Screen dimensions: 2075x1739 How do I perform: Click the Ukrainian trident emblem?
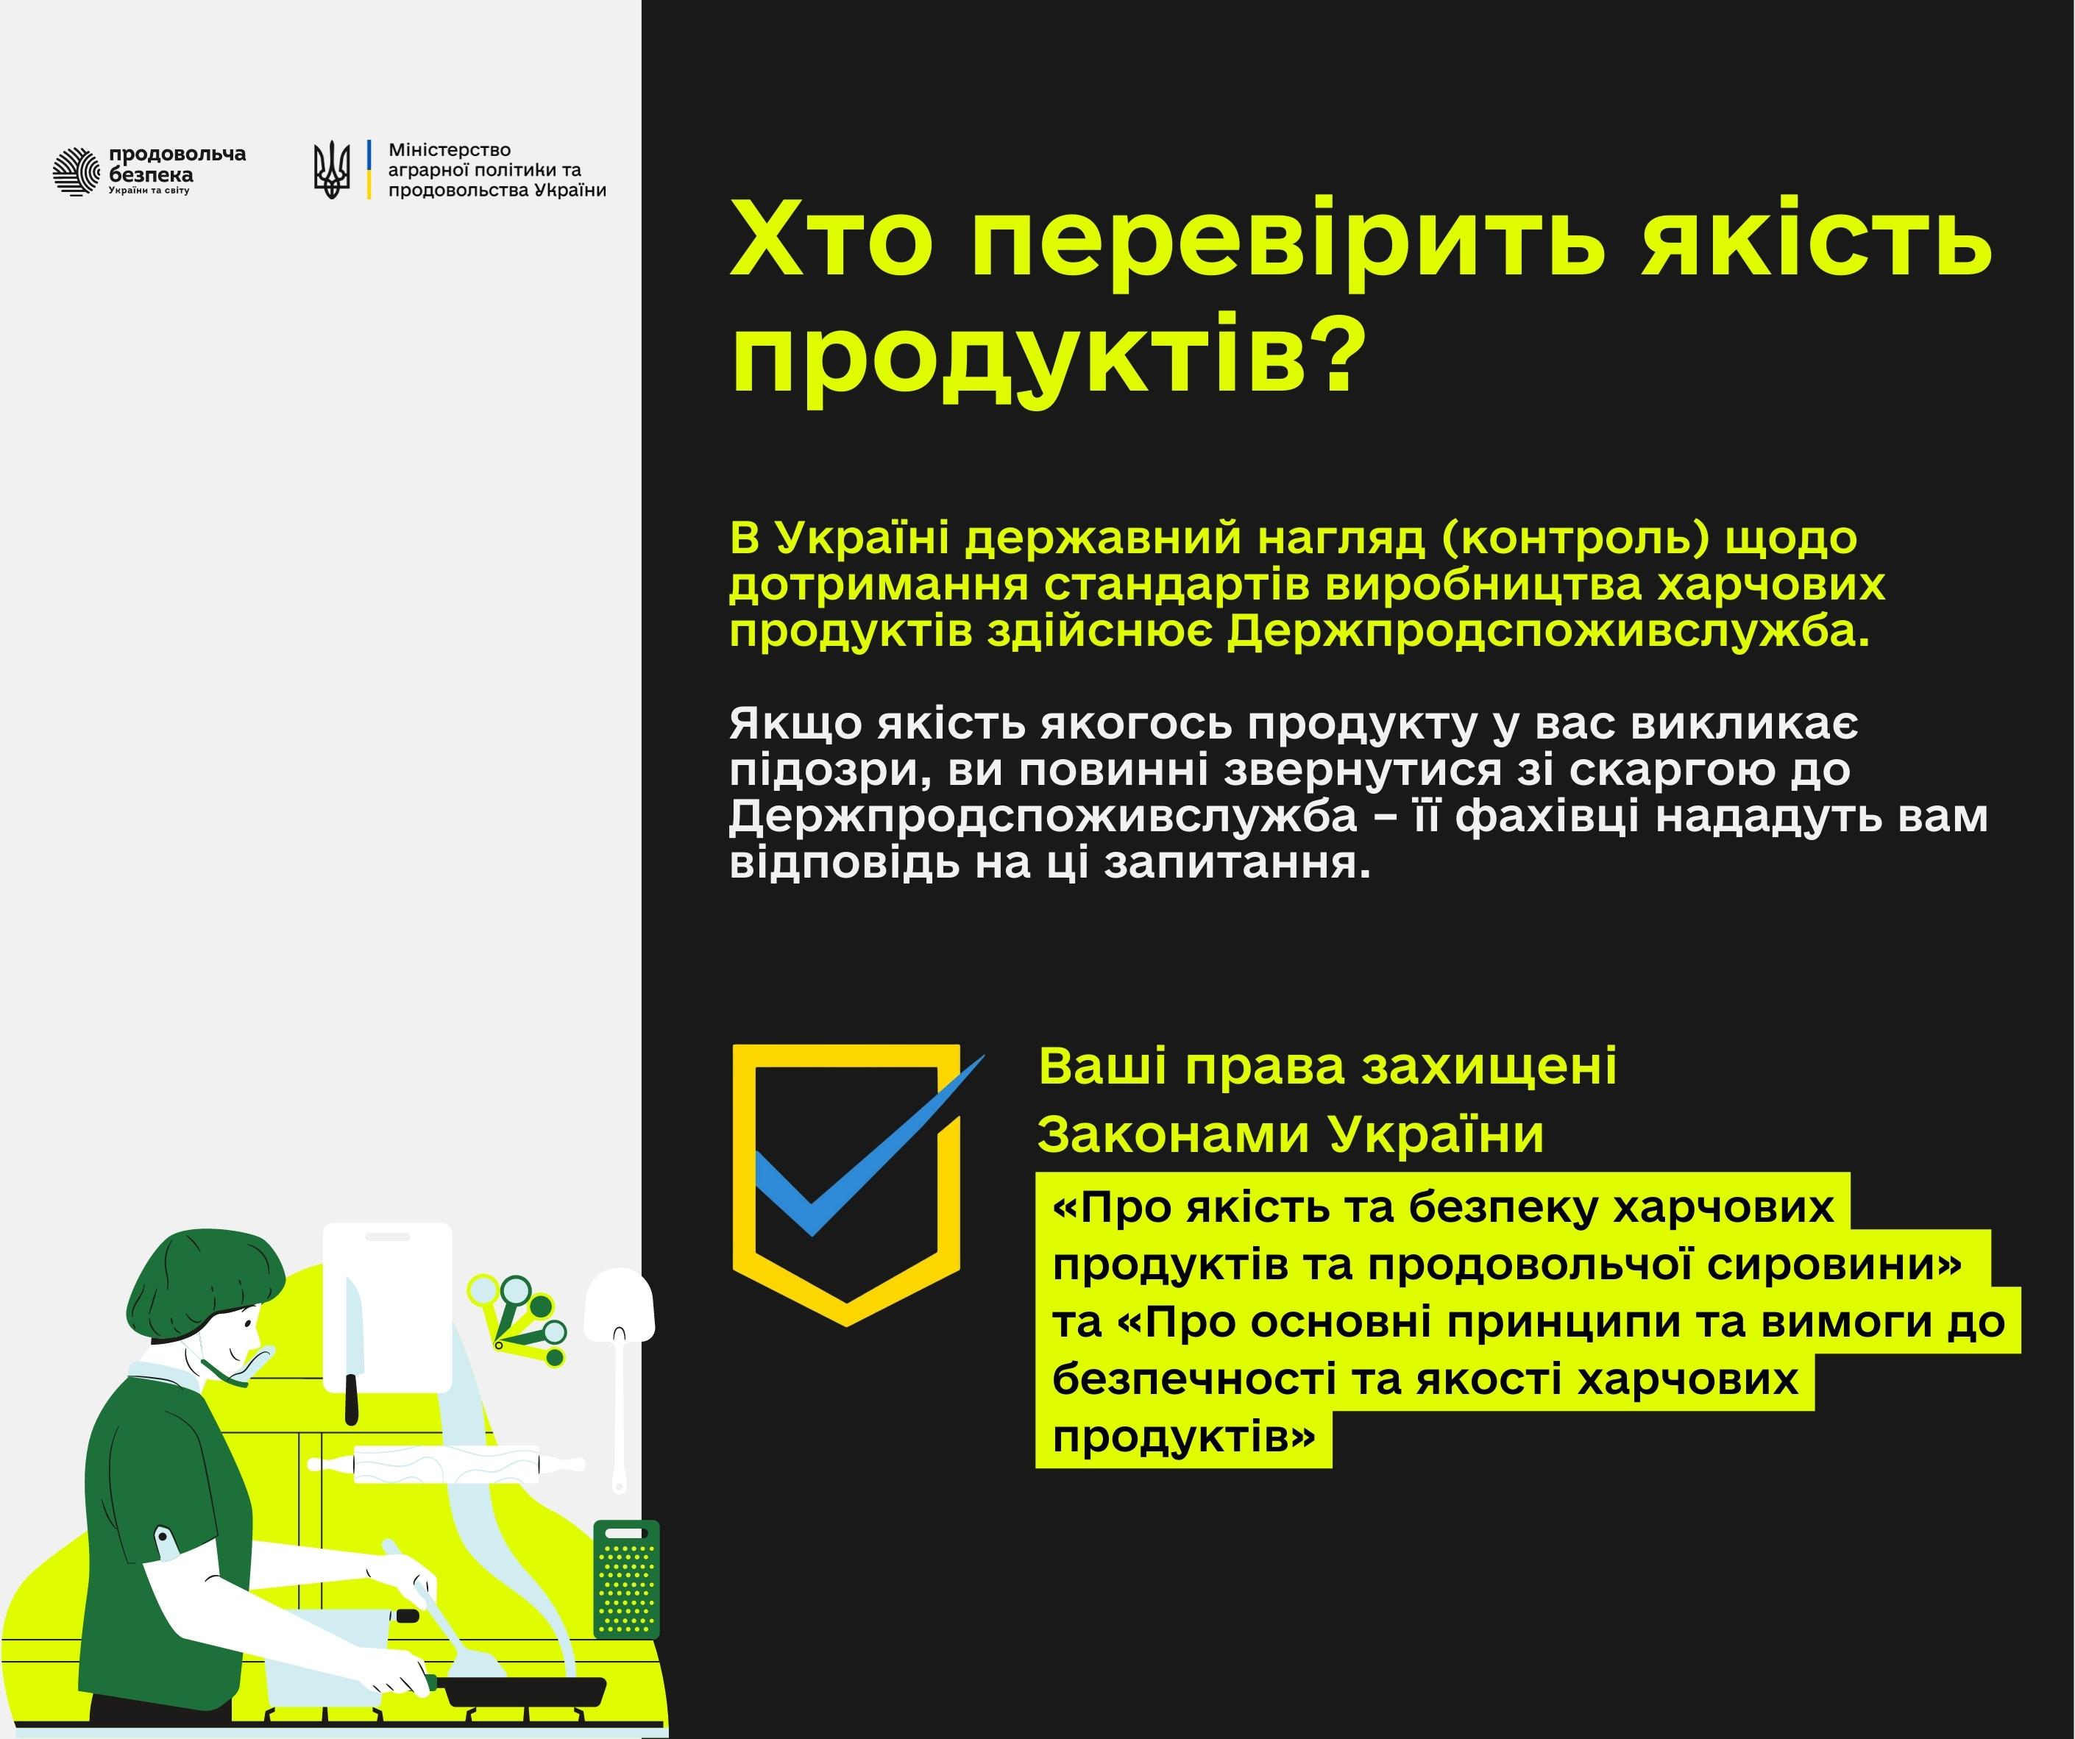click(332, 169)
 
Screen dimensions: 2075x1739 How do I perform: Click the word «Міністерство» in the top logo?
click(450, 150)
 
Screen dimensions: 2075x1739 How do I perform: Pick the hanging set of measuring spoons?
click(519, 1318)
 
